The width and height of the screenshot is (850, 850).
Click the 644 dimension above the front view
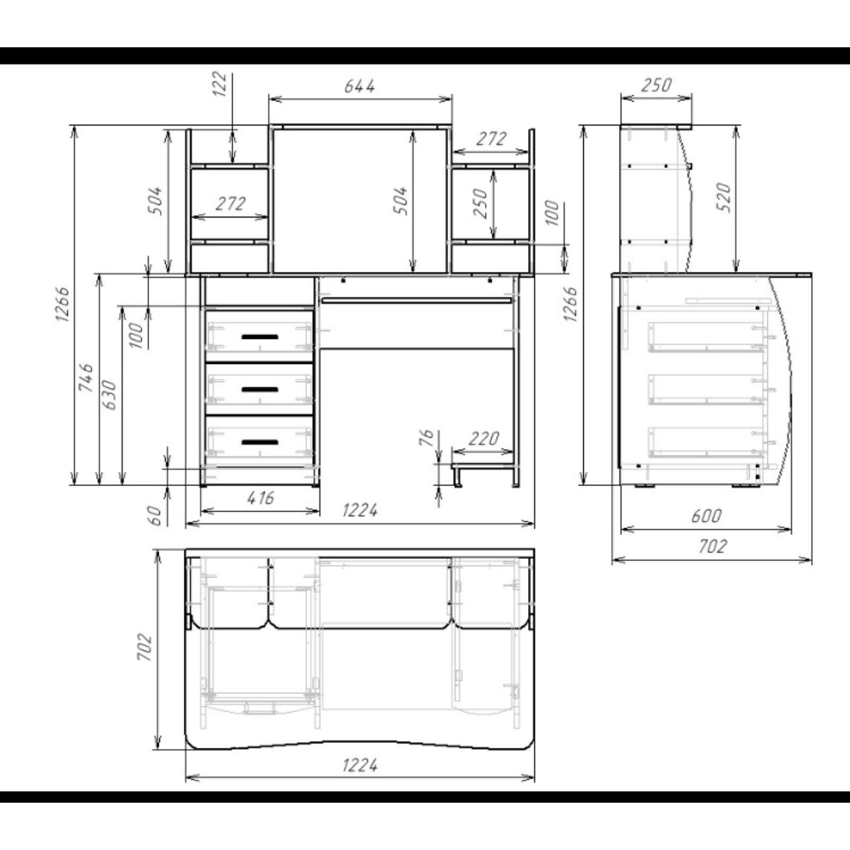360,86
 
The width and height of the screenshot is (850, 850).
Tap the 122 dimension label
219,84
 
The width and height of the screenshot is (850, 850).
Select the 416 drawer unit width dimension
261,498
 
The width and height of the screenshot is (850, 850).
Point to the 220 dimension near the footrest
484,439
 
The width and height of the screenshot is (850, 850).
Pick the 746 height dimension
86,378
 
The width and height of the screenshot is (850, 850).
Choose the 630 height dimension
109,395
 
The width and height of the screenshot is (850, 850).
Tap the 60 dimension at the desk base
154,515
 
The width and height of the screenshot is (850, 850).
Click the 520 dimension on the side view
724,198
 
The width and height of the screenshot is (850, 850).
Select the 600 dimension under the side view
707,516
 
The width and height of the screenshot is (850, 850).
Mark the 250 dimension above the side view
657,85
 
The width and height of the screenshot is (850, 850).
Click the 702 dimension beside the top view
144,647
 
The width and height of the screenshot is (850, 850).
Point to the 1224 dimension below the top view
360,766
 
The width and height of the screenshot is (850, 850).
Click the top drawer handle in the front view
260,337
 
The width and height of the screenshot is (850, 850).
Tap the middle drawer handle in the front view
260,389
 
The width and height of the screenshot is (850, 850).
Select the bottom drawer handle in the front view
260,442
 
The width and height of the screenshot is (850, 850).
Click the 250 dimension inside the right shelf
480,203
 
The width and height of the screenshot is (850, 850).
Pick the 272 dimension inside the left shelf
231,203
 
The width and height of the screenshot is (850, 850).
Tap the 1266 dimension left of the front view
62,304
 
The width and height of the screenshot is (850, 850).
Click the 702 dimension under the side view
712,546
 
